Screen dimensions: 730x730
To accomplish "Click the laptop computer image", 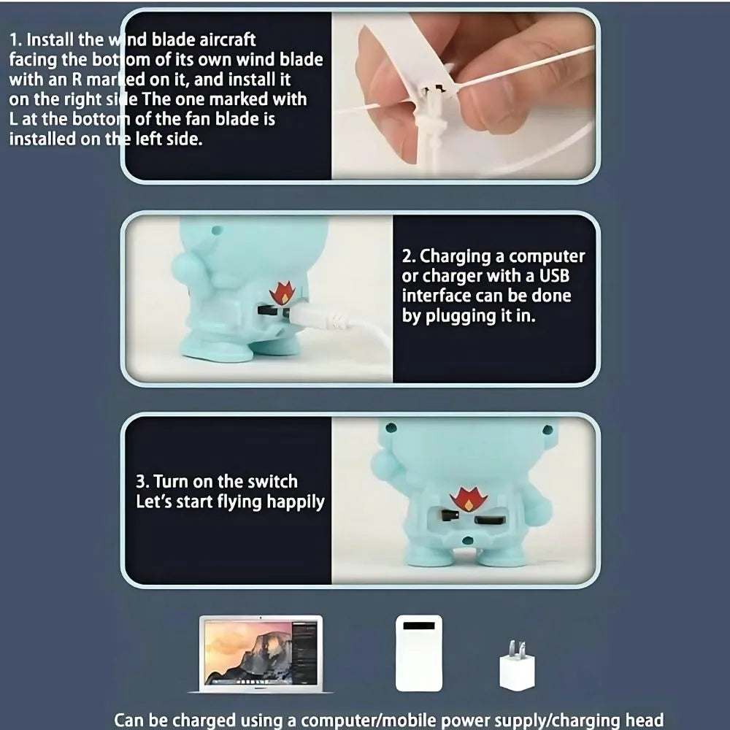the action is [261, 654].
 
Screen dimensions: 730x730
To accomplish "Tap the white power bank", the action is [419, 653].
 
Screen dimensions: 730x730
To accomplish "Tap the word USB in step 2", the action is [554, 276].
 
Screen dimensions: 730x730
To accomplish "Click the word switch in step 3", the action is [272, 481].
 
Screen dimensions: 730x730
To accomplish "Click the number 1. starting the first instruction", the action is [15, 40].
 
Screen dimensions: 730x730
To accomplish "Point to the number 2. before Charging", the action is [409, 256].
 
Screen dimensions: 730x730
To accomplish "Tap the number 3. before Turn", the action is [142, 482].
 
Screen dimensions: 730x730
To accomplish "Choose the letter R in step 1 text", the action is [77, 80].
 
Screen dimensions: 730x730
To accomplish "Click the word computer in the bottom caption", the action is [339, 721].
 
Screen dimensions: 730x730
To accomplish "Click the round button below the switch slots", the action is [467, 540].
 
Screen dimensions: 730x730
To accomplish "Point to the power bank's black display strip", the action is [419, 626].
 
